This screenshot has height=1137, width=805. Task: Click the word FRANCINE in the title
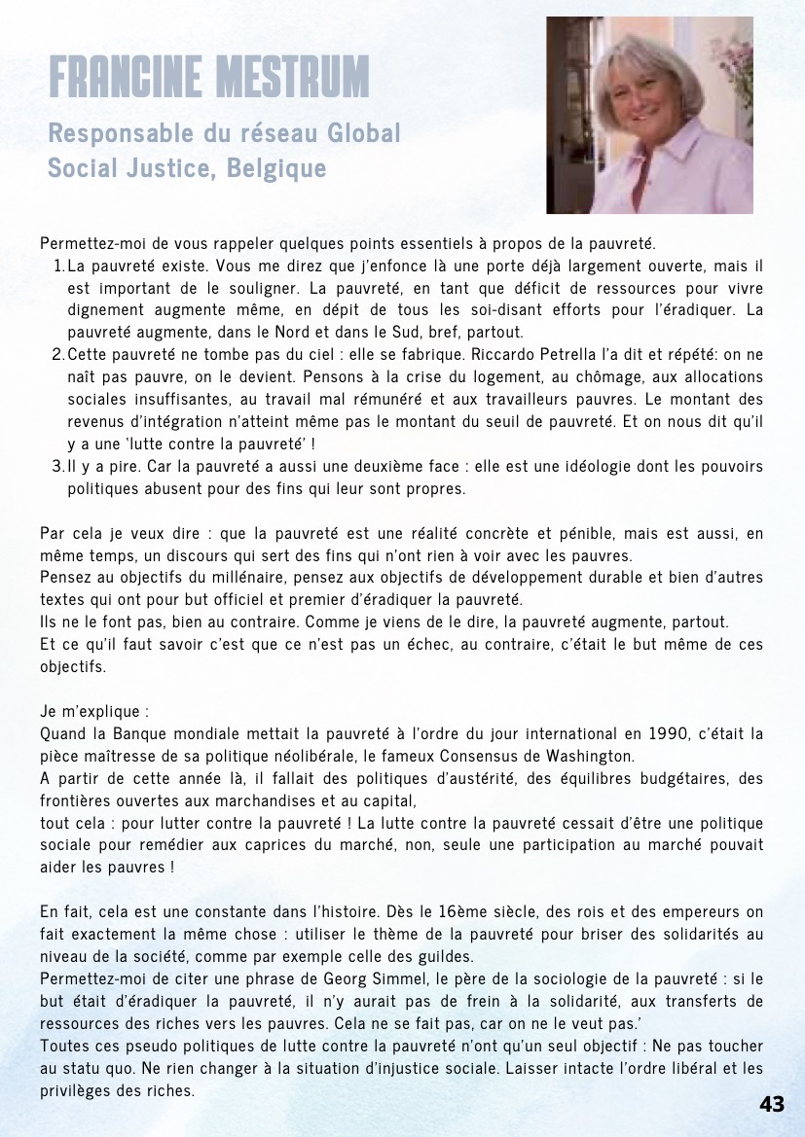[116, 77]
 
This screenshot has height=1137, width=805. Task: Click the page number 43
[772, 1104]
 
